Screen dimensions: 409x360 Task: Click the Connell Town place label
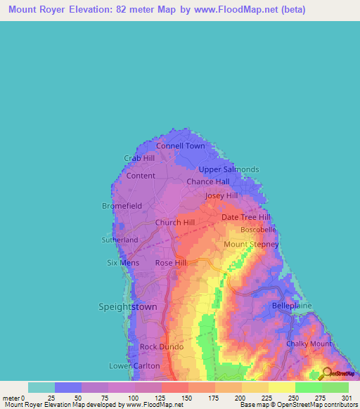(x=181, y=146)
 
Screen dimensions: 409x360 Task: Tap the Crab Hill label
(x=139, y=158)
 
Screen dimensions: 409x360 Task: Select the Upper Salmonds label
(x=229, y=169)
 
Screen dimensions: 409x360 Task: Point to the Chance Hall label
(x=208, y=181)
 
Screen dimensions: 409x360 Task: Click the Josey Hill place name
(x=221, y=195)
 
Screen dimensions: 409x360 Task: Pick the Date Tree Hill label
(x=245, y=217)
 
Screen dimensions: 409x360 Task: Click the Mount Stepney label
(x=251, y=244)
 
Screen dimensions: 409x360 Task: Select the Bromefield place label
(x=122, y=206)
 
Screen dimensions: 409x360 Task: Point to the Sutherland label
(x=120, y=240)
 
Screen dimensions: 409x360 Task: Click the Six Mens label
(x=123, y=263)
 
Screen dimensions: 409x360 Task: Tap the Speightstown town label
(x=128, y=307)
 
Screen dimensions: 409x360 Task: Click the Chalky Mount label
(x=309, y=344)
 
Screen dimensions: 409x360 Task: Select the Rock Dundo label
(x=162, y=347)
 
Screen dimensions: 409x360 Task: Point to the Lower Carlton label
(x=134, y=365)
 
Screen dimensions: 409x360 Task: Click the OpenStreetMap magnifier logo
(x=327, y=373)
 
